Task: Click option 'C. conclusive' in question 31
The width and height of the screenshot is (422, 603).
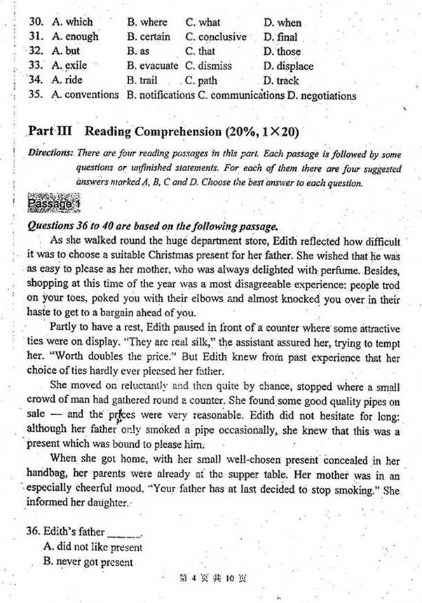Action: click(x=216, y=36)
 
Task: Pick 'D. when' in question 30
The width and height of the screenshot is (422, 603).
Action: click(x=283, y=22)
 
